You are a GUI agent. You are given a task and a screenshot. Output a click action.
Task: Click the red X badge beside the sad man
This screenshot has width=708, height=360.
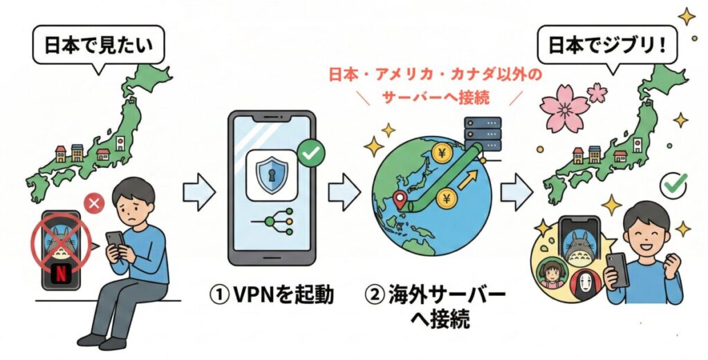93,204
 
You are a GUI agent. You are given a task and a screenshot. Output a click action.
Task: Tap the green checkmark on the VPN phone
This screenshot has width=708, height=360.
310,154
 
